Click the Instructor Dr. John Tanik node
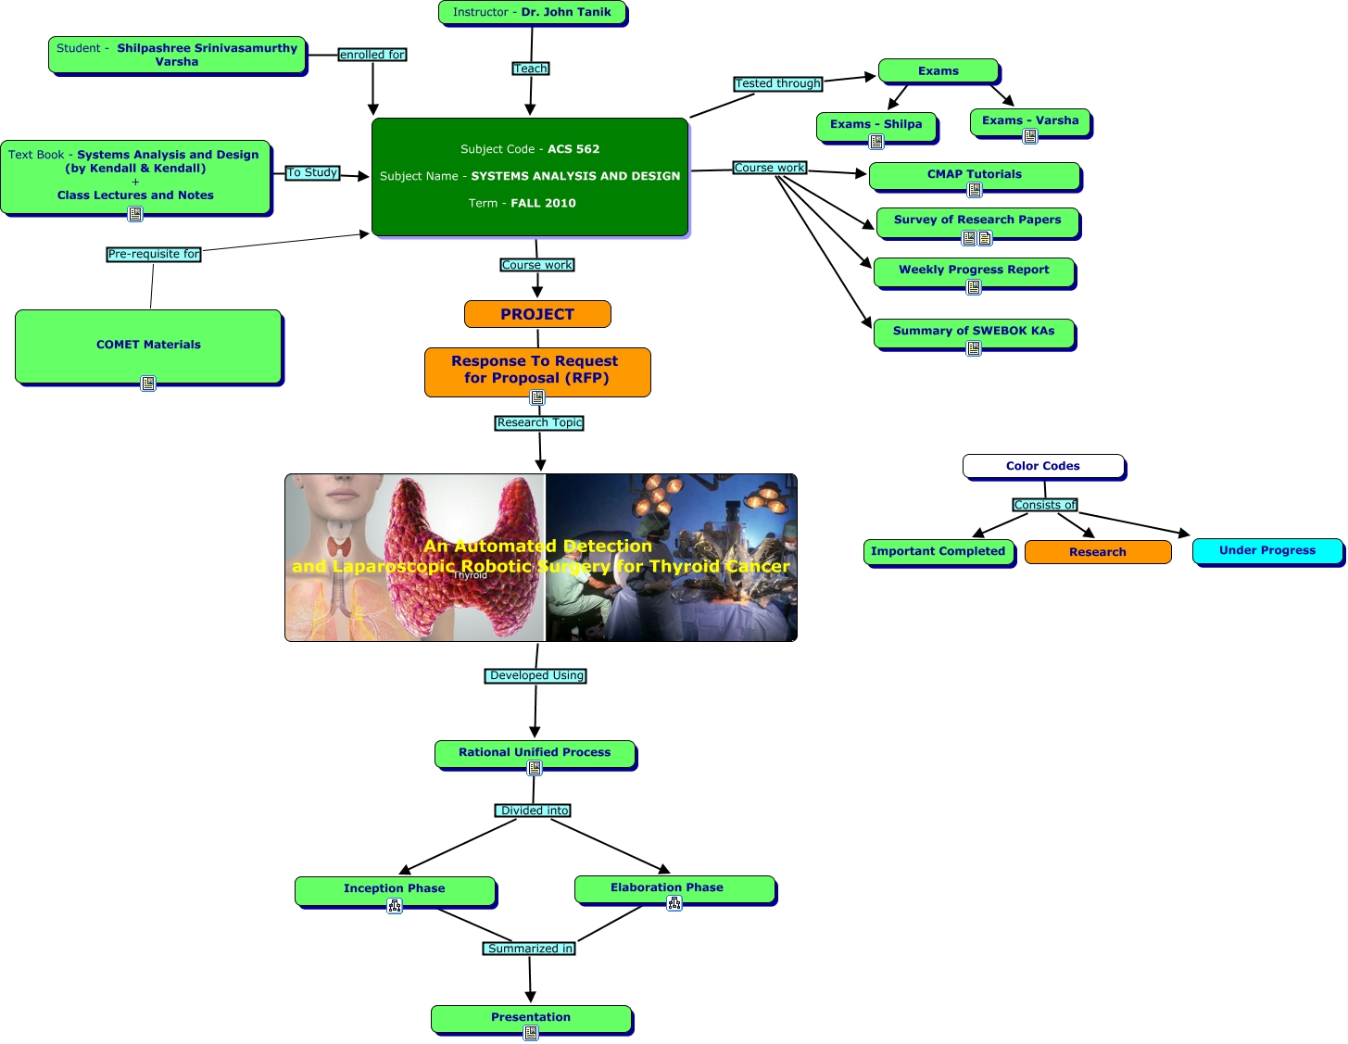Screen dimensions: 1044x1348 pos(532,13)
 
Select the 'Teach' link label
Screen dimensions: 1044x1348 pos(531,69)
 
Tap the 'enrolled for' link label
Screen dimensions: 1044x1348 pos(372,55)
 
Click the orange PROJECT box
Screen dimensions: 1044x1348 pos(537,314)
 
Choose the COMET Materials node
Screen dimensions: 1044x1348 pos(148,345)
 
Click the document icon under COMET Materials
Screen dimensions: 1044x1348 pos(148,383)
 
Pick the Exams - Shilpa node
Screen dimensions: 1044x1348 pos(876,124)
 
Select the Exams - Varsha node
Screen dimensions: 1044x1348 pos(1030,120)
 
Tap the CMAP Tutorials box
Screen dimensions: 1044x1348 pos(975,174)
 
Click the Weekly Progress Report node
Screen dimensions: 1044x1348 pos(974,270)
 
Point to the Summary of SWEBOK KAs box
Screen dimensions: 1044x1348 pos(974,331)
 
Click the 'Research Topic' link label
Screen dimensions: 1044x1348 pos(540,422)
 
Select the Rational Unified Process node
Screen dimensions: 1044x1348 pos(535,752)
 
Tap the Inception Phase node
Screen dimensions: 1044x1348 pos(395,888)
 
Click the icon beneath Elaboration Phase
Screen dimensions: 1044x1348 pos(674,903)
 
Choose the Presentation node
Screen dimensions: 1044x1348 pos(531,1017)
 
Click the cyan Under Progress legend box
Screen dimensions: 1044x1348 pos(1267,550)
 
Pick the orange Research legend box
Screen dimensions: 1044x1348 pos(1098,552)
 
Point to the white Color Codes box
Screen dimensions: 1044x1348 pos(1043,466)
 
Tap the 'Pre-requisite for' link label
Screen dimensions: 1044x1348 pos(154,254)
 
